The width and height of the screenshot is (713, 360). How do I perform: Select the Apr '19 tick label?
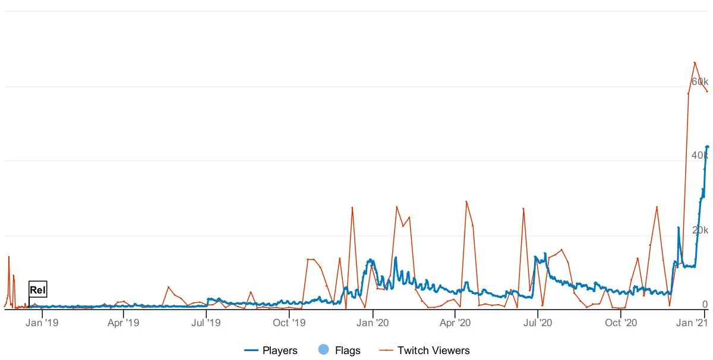point(124,323)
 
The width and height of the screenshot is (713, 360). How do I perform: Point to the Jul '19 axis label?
point(207,323)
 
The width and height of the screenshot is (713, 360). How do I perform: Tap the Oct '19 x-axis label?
point(289,323)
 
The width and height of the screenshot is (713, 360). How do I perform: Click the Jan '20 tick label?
point(373,323)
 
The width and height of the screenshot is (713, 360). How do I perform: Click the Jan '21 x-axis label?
point(693,323)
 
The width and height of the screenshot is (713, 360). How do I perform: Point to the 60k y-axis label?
point(699,81)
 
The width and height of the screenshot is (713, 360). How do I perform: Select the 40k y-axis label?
point(699,155)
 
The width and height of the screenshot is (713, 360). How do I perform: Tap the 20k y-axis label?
point(699,230)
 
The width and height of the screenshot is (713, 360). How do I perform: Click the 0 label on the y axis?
point(705,304)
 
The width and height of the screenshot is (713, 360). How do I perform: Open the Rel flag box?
point(37,290)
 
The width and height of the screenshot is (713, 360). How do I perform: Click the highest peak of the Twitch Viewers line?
point(695,62)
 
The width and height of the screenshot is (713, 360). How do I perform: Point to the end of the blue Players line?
point(708,147)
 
